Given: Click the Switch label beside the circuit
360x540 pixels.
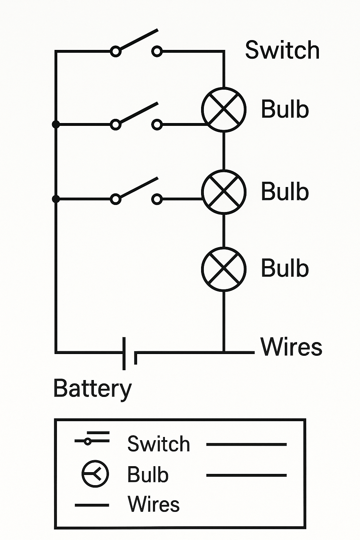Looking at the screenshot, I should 282,50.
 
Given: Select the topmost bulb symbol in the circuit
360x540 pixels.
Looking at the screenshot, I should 224,109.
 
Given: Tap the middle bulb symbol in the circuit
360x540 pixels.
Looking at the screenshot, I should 224,192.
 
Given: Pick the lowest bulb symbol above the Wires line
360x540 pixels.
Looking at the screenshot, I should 224,269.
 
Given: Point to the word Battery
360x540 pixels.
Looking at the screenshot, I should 92,389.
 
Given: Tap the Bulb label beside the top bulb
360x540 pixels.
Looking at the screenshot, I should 285,109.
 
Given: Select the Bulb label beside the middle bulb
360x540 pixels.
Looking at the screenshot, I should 285,192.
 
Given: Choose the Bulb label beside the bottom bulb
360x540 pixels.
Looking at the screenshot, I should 285,268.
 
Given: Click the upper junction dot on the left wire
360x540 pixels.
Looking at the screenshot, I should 56,124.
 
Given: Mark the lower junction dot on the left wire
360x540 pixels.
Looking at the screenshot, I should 56,199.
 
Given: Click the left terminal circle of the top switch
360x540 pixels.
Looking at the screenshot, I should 116,52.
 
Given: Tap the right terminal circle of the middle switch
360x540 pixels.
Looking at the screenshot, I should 157,124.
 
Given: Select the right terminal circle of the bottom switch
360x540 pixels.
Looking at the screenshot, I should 157,199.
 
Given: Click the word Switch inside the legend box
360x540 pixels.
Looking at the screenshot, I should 159,444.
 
